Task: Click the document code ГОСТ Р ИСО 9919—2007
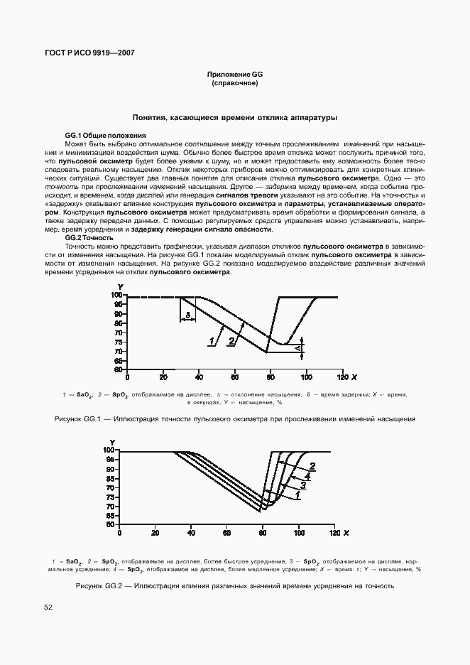point(89,53)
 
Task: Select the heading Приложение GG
point(234,75)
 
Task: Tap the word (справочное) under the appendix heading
point(234,84)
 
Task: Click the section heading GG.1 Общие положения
point(105,135)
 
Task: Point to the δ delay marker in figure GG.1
point(187,314)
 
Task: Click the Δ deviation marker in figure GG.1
point(300,349)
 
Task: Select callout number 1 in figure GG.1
point(212,342)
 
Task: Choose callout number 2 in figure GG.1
point(231,342)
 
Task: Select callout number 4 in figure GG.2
point(307,477)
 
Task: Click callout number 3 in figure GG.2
point(302,486)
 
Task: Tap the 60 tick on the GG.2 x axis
point(226,532)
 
